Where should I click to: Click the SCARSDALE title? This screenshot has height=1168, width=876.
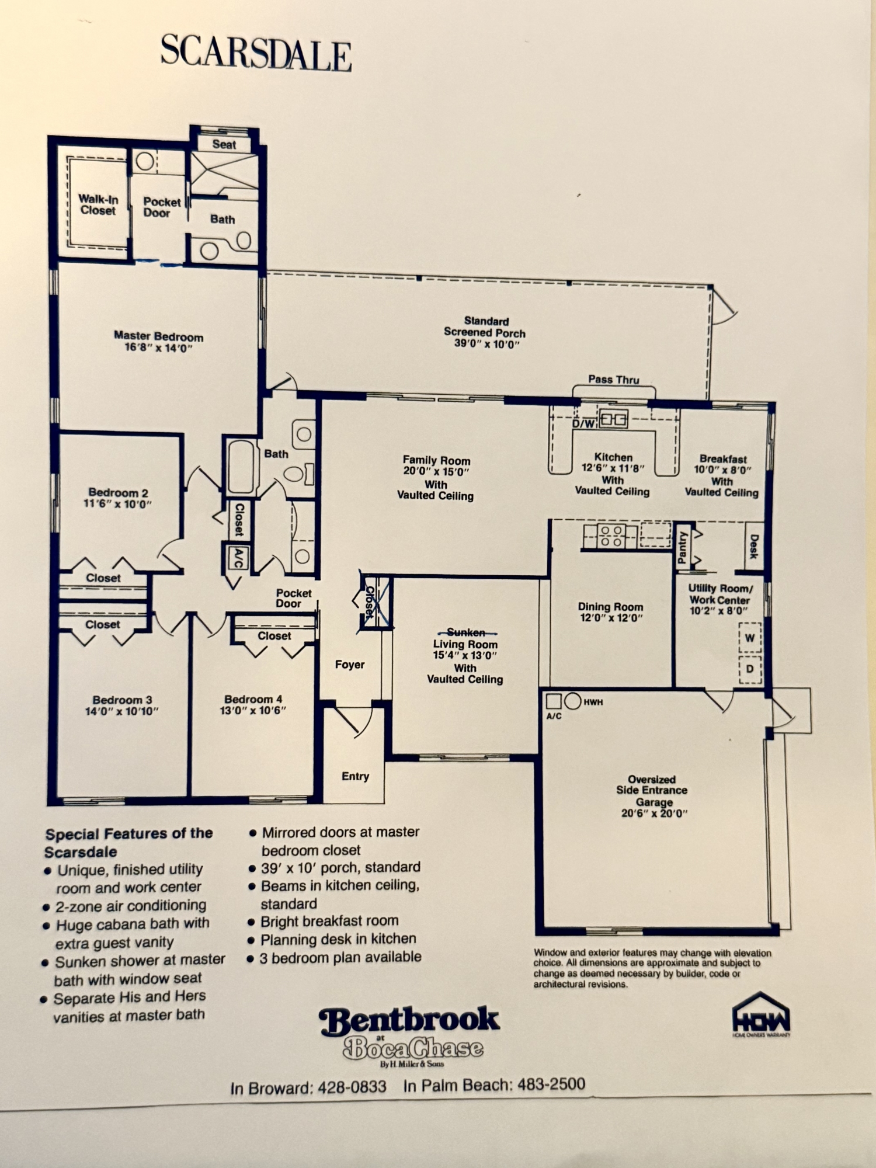[256, 53]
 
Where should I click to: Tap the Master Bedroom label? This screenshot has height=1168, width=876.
[159, 336]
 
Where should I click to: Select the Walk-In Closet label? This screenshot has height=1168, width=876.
[98, 205]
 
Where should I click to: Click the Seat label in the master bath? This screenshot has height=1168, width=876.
[224, 144]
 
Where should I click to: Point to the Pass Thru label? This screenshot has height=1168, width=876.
[614, 380]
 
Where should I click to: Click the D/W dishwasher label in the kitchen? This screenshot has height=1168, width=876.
[583, 423]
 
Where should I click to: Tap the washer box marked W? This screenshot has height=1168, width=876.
[750, 638]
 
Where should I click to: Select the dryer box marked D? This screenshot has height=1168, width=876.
[750, 669]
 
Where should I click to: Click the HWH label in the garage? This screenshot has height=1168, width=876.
[593, 702]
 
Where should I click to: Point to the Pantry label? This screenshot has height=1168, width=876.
[682, 548]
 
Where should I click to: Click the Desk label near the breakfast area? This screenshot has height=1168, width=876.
[753, 546]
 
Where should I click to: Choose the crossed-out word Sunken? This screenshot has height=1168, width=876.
[465, 632]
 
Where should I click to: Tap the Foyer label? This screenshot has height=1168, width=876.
[350, 665]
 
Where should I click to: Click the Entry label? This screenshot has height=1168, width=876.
[355, 776]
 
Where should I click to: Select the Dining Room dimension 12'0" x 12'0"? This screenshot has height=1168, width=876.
[610, 618]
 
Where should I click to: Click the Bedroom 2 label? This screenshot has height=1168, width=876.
[119, 493]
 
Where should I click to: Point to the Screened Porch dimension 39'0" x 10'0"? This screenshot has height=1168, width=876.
[486, 344]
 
